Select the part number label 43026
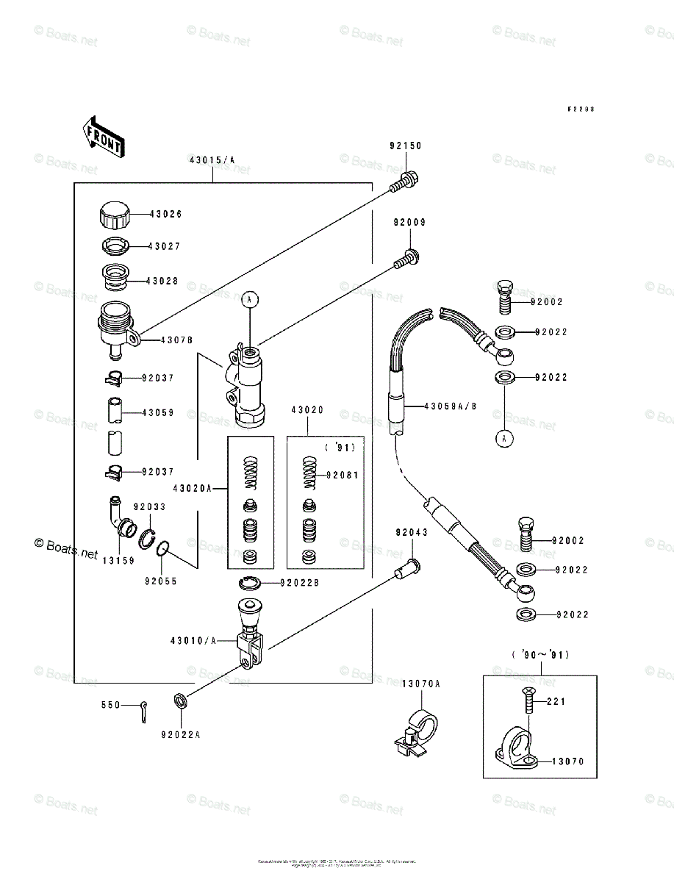click(x=165, y=214)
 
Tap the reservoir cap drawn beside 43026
click(x=114, y=215)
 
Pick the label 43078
click(x=176, y=340)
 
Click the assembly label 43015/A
click(x=212, y=159)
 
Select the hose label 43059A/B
click(x=450, y=405)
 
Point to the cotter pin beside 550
click(x=144, y=710)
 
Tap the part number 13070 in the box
click(x=568, y=761)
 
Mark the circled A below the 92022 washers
click(x=504, y=439)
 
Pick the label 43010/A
click(x=194, y=641)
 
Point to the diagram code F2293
click(x=580, y=108)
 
